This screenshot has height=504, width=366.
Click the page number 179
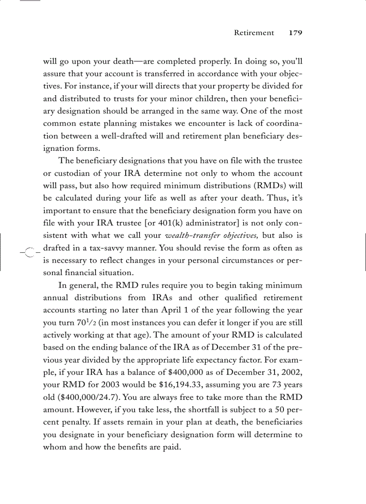(x=296, y=33)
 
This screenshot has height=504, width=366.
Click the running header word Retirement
(x=254, y=33)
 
